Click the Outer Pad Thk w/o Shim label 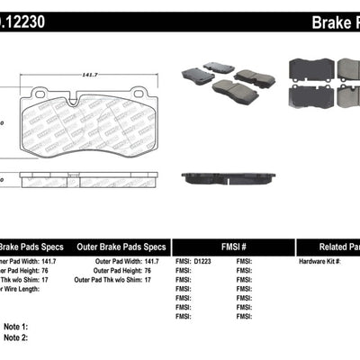click(x=113, y=280)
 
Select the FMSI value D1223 click(x=204, y=262)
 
